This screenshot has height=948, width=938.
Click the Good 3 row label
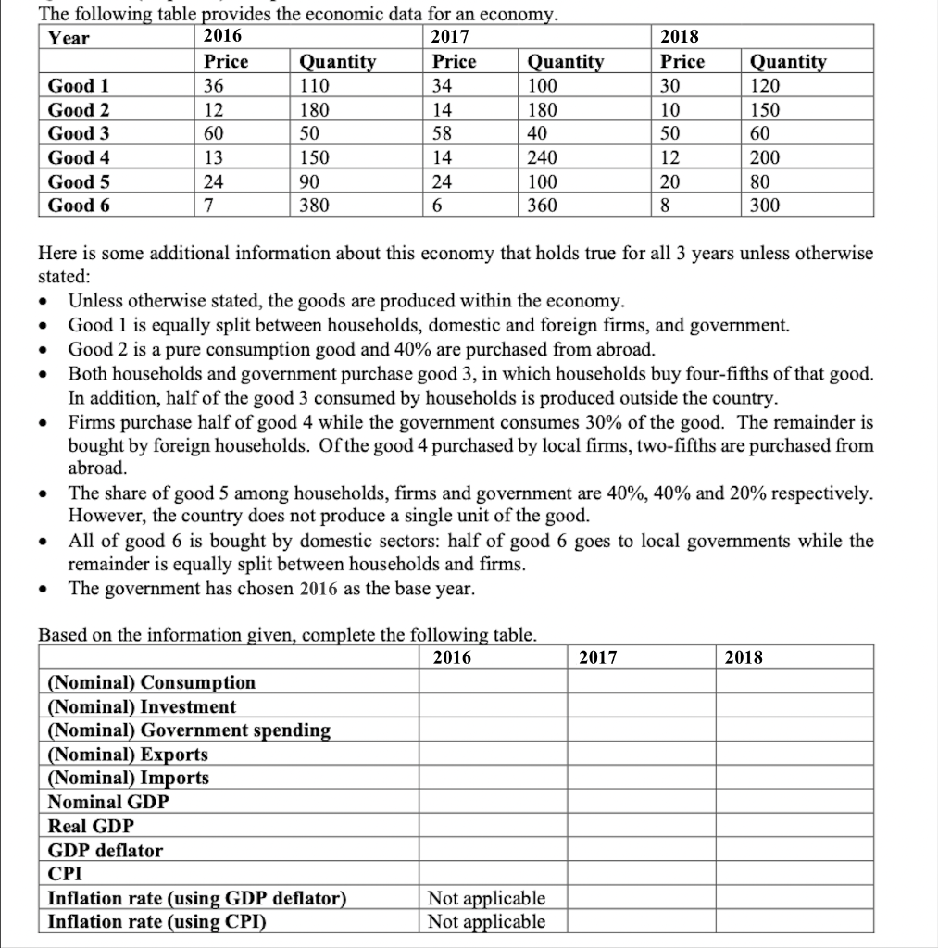click(79, 133)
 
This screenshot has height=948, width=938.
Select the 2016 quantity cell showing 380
click(314, 206)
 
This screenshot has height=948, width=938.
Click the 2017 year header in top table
click(451, 37)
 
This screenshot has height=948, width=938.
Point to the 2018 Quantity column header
click(788, 62)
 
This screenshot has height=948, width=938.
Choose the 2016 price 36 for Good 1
click(216, 86)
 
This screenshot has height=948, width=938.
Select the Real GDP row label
click(91, 826)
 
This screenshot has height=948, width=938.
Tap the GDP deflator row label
click(105, 850)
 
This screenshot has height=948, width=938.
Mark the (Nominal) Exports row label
click(128, 755)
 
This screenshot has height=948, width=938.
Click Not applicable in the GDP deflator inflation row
click(486, 898)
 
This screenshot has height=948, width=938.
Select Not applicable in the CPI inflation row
click(486, 921)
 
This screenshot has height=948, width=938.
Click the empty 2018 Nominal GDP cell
click(794, 802)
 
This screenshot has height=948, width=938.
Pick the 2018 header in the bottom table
click(744, 657)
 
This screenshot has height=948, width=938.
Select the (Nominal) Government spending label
click(189, 730)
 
